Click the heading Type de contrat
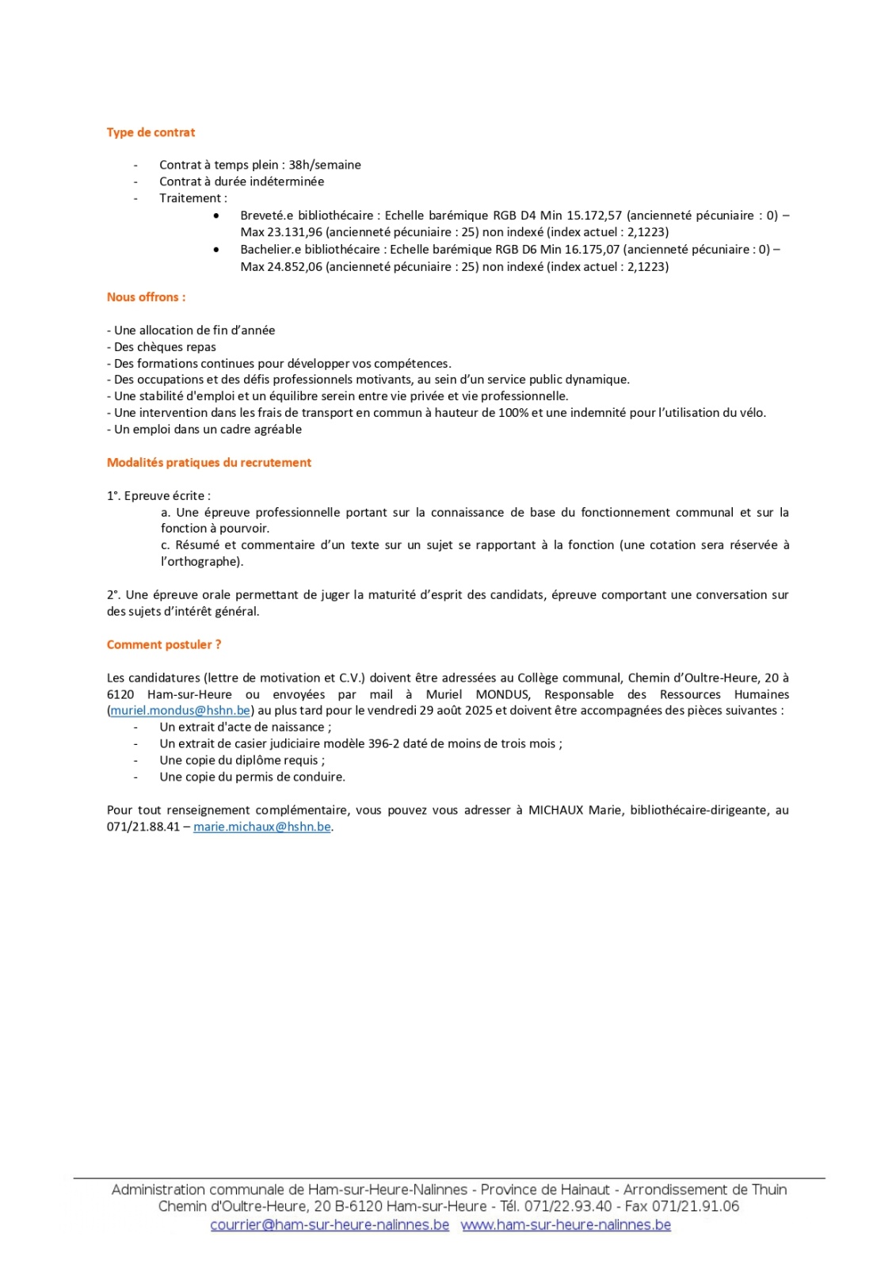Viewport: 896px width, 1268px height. coord(151,132)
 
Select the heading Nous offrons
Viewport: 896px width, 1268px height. coord(146,297)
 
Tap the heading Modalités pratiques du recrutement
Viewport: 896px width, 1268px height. coord(209,463)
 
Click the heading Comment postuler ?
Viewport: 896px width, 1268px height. coord(164,645)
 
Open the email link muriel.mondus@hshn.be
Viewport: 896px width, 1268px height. coord(181,711)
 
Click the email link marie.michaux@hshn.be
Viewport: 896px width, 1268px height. coord(262,827)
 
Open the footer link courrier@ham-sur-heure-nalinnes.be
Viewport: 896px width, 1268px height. coord(330,1225)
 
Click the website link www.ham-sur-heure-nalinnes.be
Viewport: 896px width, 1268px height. coord(566,1225)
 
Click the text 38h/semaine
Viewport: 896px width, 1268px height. coord(325,165)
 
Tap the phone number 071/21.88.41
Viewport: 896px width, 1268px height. coord(143,827)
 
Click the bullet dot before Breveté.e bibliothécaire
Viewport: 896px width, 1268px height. coord(216,216)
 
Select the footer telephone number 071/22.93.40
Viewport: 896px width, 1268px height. coord(569,1207)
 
